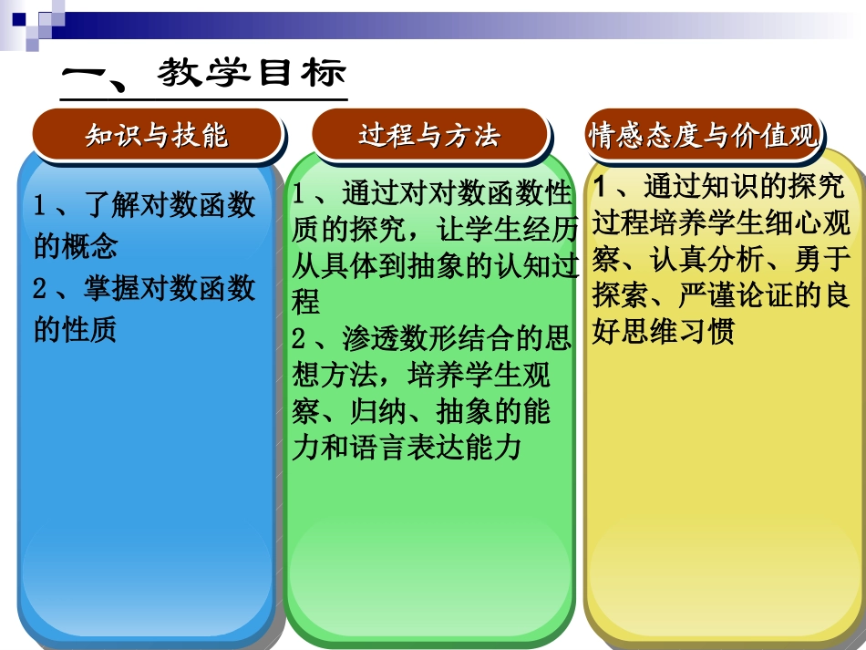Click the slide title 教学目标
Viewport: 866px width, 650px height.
[x=251, y=74]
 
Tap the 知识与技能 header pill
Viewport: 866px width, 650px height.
[x=157, y=136]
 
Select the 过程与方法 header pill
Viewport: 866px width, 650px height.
[x=429, y=136]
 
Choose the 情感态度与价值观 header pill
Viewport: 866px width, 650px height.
[x=703, y=136]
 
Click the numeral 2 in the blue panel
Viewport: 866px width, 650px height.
[x=41, y=289]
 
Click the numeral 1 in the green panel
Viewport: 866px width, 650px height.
[x=300, y=194]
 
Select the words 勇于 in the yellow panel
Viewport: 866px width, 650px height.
[x=821, y=260]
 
